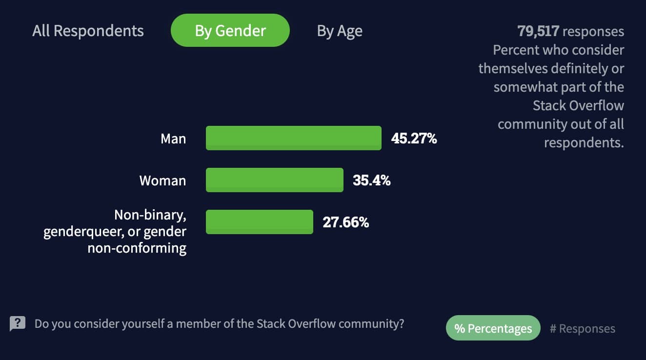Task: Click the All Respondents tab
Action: (88, 31)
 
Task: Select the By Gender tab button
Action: (230, 31)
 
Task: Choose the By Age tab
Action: (340, 31)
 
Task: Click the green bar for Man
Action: (293, 138)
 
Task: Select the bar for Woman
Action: (274, 180)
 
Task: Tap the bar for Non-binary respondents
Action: (259, 222)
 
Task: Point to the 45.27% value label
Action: (414, 139)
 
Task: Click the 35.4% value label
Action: (371, 180)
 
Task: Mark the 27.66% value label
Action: (345, 222)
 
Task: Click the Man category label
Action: (173, 139)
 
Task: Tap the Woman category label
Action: (162, 181)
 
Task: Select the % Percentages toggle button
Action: (493, 328)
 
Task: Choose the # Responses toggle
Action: (582, 329)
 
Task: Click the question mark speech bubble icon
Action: (18, 323)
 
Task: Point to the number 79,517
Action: (538, 32)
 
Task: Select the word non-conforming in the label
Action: (137, 248)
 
